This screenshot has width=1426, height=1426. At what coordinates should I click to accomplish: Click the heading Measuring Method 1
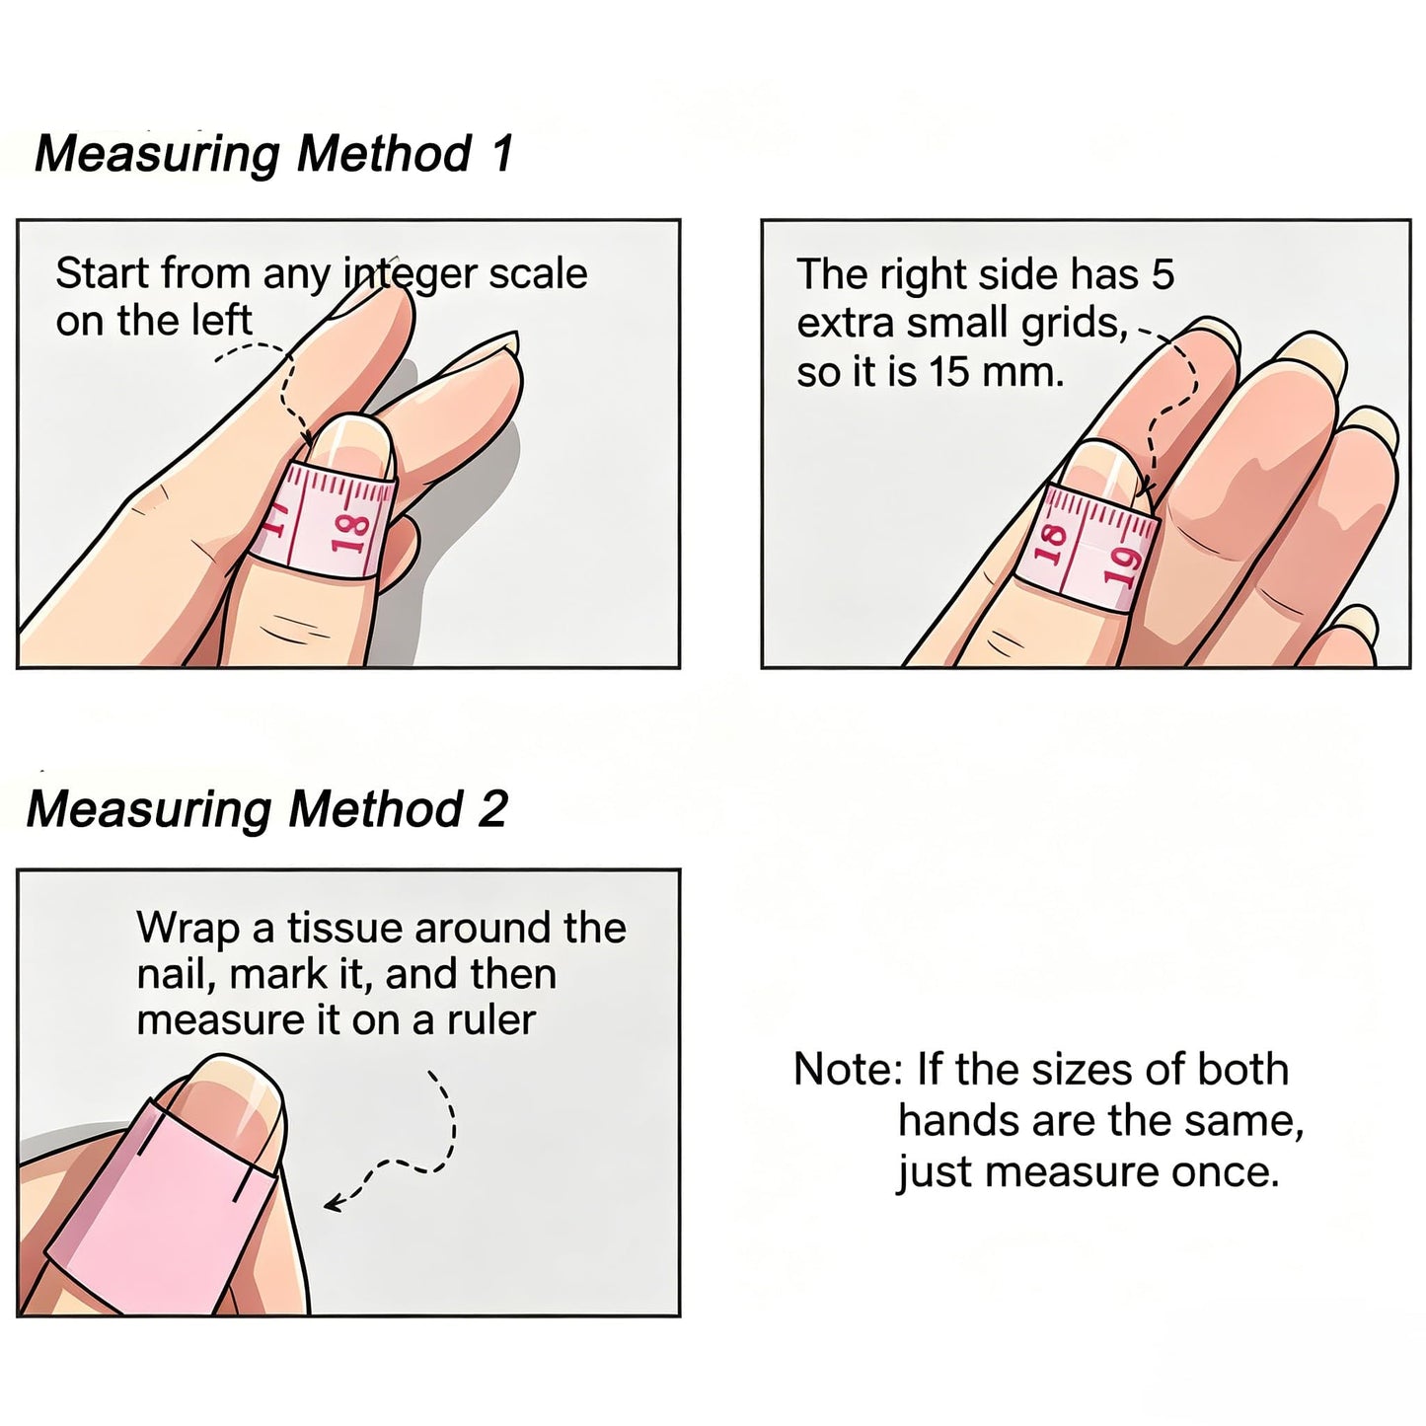click(273, 155)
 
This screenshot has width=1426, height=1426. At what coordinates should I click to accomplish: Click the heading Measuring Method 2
click(267, 809)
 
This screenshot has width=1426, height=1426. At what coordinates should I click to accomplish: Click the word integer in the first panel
click(410, 275)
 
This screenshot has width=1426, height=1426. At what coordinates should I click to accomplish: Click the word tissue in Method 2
click(344, 928)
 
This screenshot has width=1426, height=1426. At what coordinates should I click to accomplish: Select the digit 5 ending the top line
click(1163, 274)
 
